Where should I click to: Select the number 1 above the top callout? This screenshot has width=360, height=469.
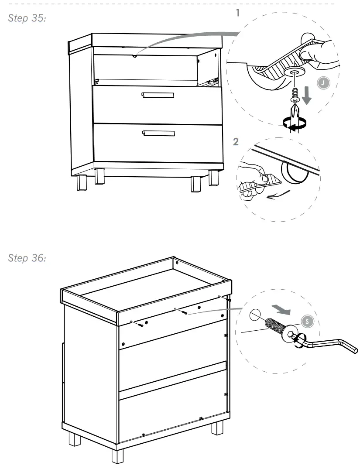pyautogui.click(x=238, y=13)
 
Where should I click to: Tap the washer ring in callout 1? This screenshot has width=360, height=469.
pyautogui.click(x=294, y=72)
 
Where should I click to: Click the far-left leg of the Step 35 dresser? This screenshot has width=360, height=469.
pyautogui.click(x=82, y=183)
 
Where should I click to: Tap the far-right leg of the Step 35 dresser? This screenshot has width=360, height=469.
pyautogui.click(x=214, y=179)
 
